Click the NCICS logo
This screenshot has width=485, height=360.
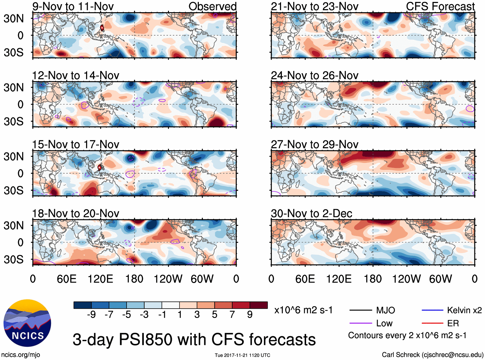(x=27, y=323)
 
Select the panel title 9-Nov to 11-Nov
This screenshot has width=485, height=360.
(x=73, y=6)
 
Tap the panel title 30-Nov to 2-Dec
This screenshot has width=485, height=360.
(x=312, y=214)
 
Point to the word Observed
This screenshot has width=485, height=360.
(x=212, y=6)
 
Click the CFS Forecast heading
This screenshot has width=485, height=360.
(x=440, y=6)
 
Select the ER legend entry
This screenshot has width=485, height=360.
(x=453, y=323)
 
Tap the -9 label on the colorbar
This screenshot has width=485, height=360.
(x=91, y=314)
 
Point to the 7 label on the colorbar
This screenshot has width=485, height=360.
(x=232, y=314)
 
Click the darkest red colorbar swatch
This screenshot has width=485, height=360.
(x=259, y=305)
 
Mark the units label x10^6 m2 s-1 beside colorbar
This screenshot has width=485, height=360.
(x=303, y=310)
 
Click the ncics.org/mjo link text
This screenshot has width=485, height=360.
(x=21, y=355)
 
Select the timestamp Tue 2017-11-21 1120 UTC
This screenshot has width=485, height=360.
(x=242, y=355)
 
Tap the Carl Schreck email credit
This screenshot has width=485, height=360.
(x=432, y=355)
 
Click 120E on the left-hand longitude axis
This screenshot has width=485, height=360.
(x=100, y=279)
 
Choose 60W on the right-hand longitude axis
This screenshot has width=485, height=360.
(x=440, y=279)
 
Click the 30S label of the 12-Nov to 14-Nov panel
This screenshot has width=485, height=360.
(x=13, y=121)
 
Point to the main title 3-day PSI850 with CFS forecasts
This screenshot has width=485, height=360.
(x=194, y=339)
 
